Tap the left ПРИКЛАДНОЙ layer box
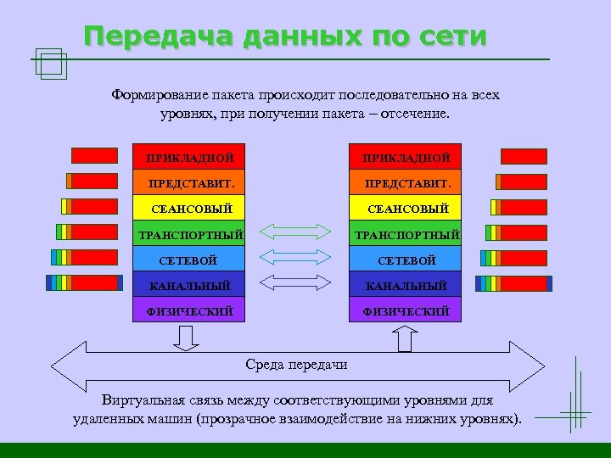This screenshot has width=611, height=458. click(189, 157)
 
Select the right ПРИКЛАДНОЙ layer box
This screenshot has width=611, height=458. click(406, 157)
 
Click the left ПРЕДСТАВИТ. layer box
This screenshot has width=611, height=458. click(189, 182)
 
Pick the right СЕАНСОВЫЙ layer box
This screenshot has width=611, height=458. click(406, 208)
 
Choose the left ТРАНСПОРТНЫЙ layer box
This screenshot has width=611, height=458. click(189, 233)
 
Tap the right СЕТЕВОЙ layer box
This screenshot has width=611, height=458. click(406, 260)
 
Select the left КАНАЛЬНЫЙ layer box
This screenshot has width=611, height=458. click(189, 285)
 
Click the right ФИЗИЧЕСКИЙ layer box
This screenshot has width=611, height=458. click(406, 310)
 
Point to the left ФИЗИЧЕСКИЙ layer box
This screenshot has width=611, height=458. click(189, 310)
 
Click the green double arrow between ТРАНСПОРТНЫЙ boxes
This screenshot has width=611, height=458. click(294, 232)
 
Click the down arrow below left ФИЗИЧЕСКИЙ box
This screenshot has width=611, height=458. click(186, 338)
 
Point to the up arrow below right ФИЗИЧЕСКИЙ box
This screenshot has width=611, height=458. click(406, 337)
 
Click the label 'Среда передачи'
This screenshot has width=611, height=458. click(296, 365)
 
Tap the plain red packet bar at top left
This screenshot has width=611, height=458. click(94, 155)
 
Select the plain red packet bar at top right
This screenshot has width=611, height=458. click(524, 156)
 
